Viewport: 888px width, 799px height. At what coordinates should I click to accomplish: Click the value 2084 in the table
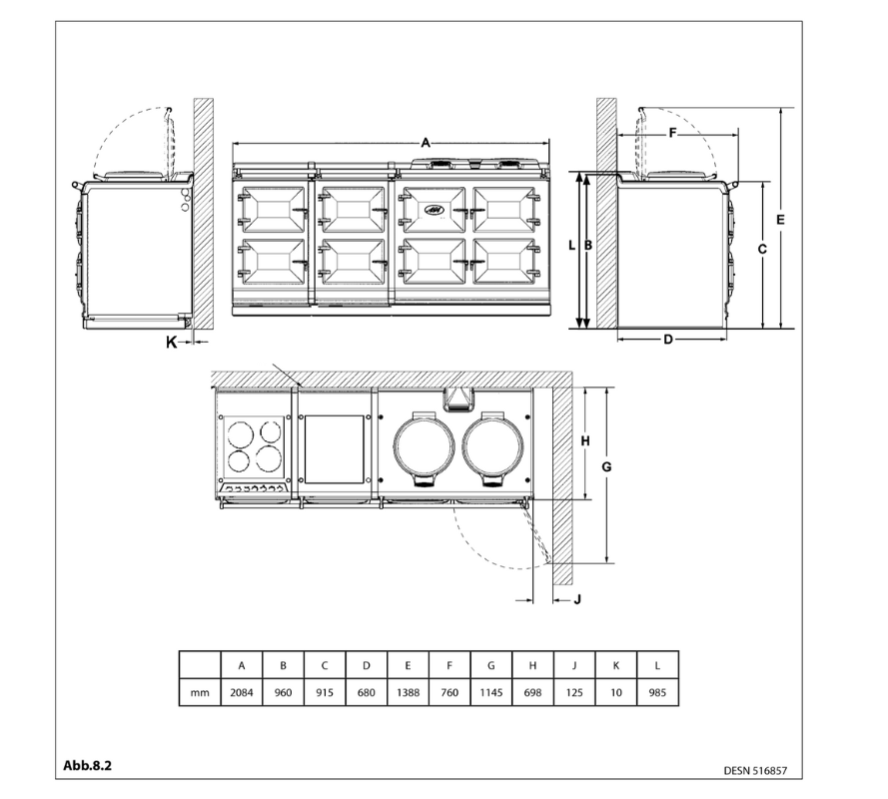(241, 692)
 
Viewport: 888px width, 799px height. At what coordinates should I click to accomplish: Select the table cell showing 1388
(408, 692)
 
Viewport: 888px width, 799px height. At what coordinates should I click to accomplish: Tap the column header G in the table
(490, 664)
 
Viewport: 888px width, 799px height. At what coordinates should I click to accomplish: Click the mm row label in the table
(200, 692)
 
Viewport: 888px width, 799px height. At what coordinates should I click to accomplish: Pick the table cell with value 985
(656, 692)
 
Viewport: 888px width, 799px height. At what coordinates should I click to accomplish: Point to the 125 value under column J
(573, 692)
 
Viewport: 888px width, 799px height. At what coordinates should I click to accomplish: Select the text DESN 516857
(762, 771)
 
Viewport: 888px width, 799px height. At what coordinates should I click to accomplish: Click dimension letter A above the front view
(426, 144)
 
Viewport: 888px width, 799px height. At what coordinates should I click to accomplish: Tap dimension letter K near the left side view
(171, 342)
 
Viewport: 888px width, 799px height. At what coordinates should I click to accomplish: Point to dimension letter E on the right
(780, 218)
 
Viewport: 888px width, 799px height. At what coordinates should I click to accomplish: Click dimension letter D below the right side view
(667, 340)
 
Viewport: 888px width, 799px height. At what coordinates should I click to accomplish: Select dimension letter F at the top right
(672, 132)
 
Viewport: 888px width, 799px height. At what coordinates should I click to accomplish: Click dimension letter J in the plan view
(576, 599)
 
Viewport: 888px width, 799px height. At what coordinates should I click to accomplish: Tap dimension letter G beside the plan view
(605, 467)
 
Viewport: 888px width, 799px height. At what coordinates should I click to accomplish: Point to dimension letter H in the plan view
(585, 440)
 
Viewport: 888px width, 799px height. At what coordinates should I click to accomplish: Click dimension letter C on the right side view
(761, 250)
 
